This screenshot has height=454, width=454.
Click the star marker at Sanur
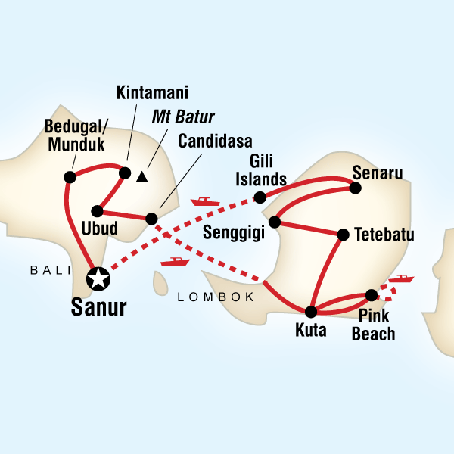(x=98, y=278)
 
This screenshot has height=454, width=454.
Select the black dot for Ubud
(x=97, y=211)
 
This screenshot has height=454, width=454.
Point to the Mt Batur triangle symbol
(x=141, y=178)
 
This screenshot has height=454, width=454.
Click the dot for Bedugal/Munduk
(x=70, y=177)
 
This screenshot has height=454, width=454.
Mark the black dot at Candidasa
(x=151, y=219)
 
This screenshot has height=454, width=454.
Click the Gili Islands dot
(x=260, y=197)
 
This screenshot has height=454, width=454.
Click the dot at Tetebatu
(x=342, y=235)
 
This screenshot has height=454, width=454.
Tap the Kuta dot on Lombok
(x=311, y=311)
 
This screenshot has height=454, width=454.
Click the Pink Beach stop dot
(x=372, y=295)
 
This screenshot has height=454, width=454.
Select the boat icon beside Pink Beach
(x=401, y=279)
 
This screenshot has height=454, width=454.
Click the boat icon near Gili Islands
(x=204, y=202)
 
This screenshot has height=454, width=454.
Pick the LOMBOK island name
(x=216, y=297)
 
